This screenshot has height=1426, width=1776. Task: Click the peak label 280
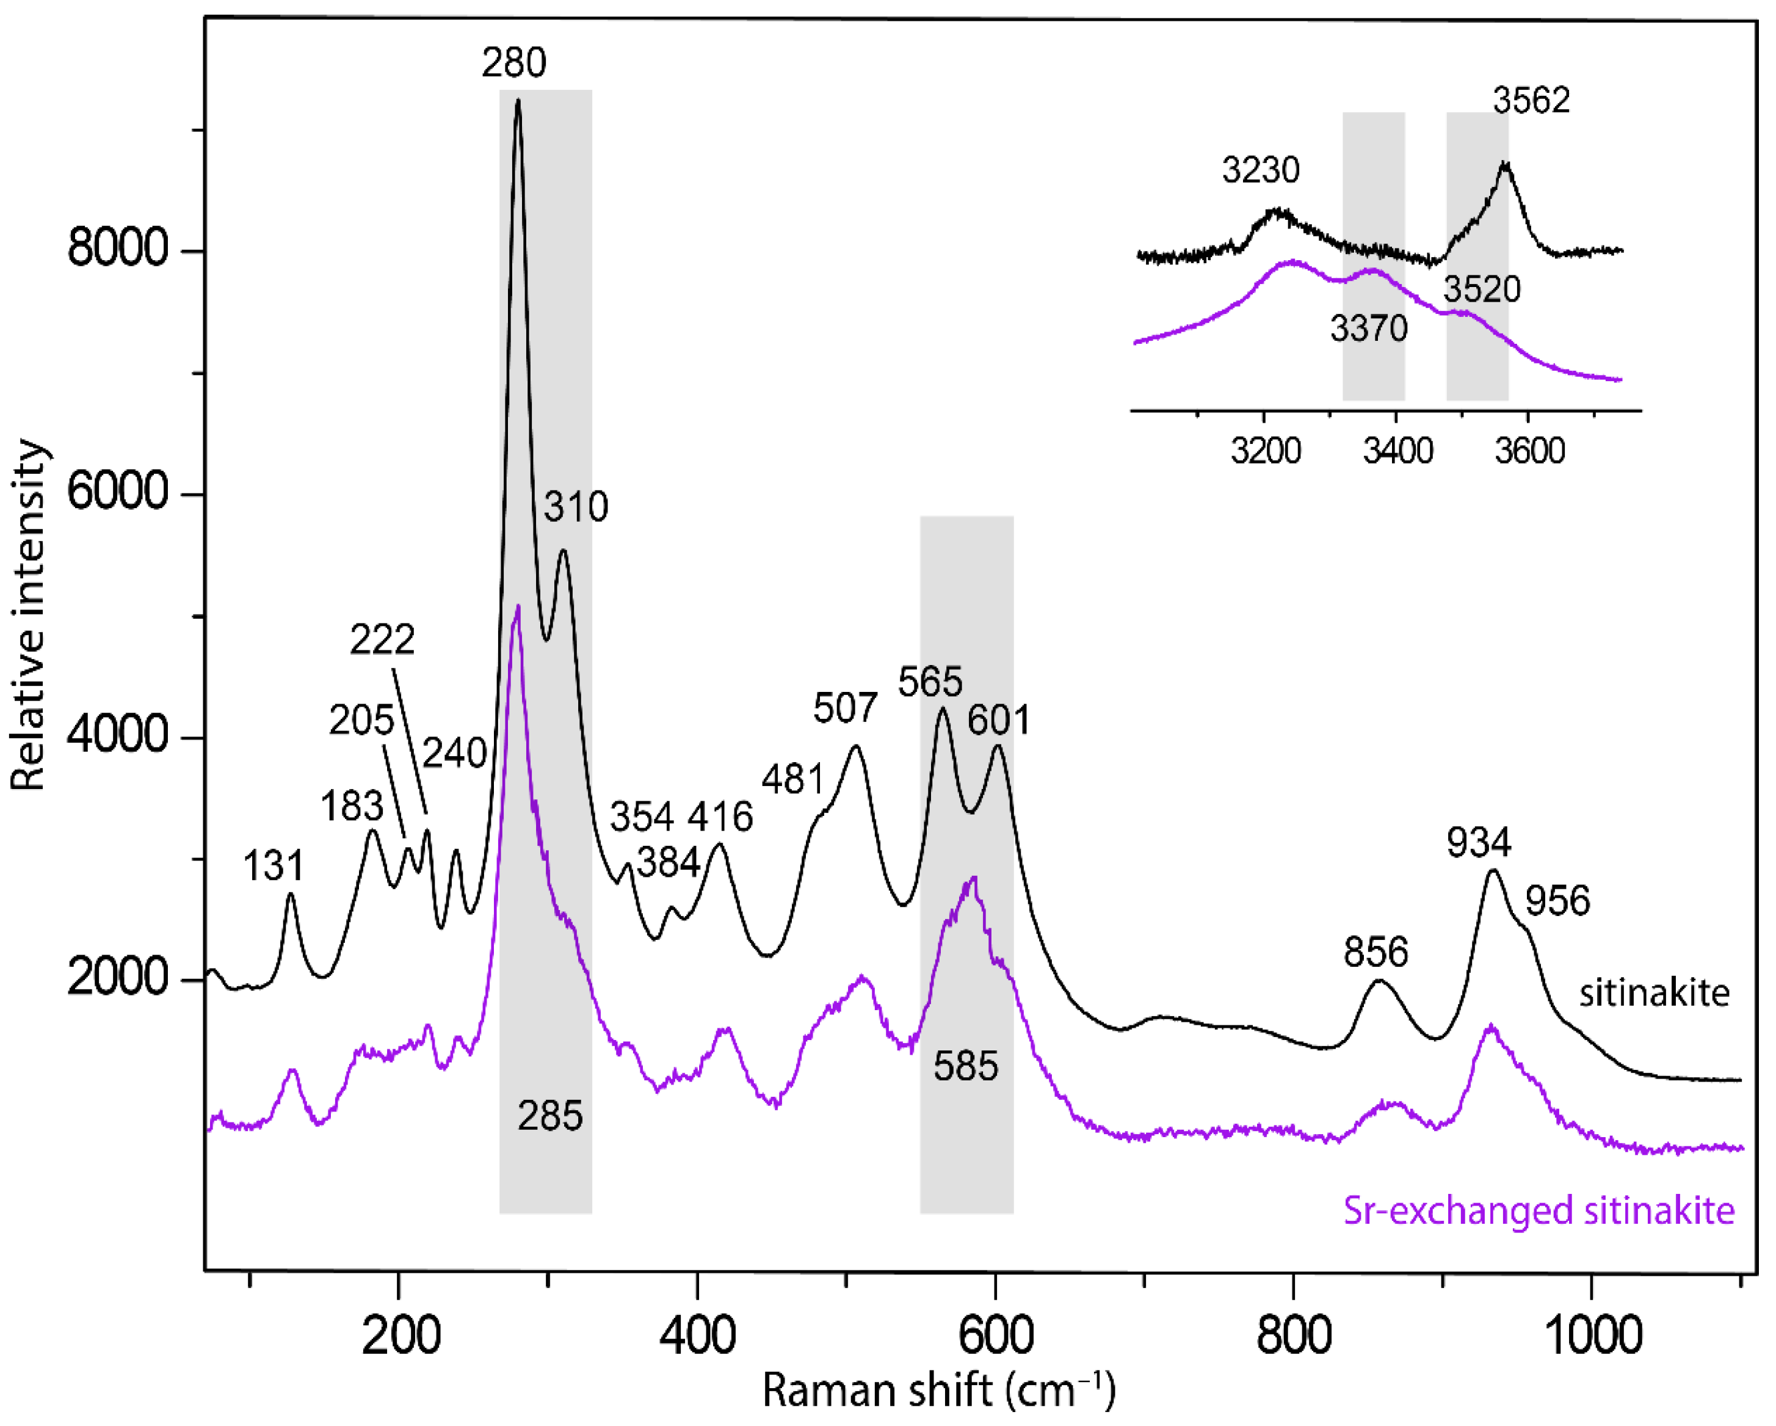[x=514, y=64]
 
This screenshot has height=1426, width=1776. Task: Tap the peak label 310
[x=576, y=507]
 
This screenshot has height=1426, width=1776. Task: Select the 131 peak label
[x=274, y=866]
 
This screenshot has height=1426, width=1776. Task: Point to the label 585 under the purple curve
[x=965, y=1067]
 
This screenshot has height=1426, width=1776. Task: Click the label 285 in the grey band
[x=550, y=1116]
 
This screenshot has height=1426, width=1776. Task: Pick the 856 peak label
[x=1375, y=952]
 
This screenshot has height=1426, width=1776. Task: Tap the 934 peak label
[x=1479, y=843]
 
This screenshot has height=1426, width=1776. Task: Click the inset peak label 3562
[x=1531, y=101]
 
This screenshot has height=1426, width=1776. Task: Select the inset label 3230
[x=1260, y=170]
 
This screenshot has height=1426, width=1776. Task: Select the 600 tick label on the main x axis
[x=996, y=1336]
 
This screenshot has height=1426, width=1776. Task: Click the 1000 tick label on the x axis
[x=1593, y=1336]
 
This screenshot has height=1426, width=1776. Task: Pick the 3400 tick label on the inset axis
[x=1397, y=451]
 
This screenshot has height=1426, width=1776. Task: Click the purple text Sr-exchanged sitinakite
[x=1539, y=1211]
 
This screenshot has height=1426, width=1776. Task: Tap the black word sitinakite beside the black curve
[x=1654, y=994]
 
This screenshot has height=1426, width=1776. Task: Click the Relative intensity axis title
[x=28, y=616]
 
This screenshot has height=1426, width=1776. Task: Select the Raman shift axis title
[x=938, y=1391]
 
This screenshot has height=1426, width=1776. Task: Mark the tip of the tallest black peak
[x=517, y=101]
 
